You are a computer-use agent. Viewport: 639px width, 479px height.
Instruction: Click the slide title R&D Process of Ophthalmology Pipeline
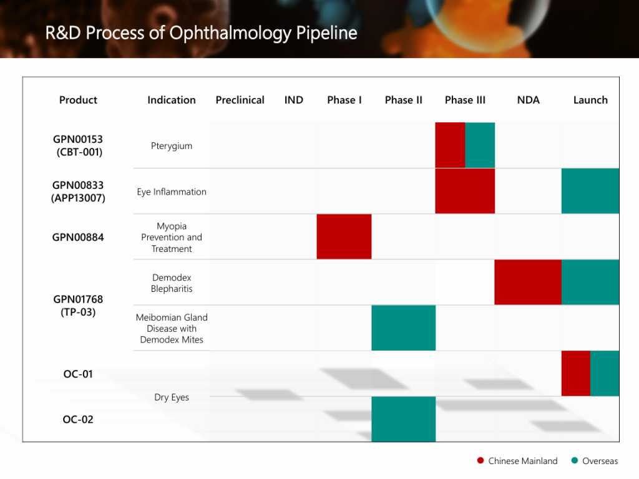[201, 32]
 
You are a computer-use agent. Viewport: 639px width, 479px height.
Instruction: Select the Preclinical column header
[240, 100]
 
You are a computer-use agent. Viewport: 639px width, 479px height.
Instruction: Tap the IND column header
[294, 100]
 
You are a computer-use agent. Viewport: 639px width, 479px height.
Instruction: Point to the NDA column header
[528, 100]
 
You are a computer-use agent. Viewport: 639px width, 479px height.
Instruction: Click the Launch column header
[590, 100]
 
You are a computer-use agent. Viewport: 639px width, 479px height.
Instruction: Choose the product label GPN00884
[78, 237]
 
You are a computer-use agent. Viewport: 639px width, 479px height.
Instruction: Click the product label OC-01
[78, 374]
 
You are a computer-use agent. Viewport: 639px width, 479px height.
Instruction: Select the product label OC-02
[78, 419]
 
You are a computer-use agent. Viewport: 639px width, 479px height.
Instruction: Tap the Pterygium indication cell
[172, 146]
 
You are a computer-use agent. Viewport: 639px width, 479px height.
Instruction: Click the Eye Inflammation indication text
[172, 191]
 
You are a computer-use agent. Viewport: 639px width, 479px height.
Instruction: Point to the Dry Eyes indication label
[172, 397]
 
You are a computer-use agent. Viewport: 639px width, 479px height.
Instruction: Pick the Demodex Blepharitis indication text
[172, 283]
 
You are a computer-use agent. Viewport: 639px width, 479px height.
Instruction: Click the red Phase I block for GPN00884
[344, 236]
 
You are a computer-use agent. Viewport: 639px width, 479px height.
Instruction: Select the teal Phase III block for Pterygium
[480, 145]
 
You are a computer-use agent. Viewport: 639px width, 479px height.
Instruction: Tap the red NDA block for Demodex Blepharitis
[528, 282]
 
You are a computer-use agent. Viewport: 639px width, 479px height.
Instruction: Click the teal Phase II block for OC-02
[403, 419]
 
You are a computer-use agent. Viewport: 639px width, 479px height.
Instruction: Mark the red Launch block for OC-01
[575, 373]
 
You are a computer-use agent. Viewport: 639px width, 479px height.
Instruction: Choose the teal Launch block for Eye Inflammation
[590, 191]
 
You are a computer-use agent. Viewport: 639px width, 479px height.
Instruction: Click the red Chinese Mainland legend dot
[480, 461]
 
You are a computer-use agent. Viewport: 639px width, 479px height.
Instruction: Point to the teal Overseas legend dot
[574, 461]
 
